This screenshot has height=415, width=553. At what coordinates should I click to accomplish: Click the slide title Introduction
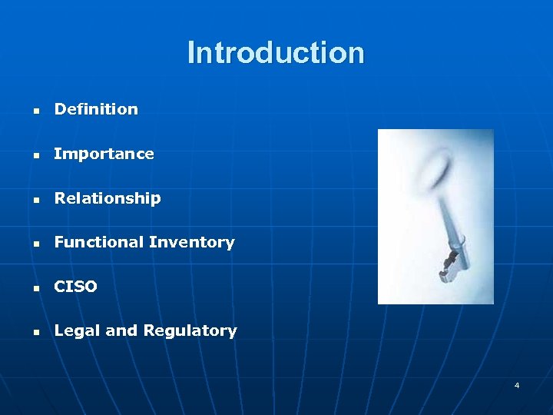(x=276, y=53)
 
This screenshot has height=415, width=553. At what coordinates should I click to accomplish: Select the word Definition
(x=96, y=109)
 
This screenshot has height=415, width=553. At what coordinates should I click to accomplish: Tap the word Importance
(x=104, y=154)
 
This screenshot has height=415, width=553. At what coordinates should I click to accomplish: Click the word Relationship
(x=108, y=198)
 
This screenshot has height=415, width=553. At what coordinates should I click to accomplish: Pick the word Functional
(x=98, y=242)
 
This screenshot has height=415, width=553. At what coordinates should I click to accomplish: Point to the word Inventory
(x=192, y=242)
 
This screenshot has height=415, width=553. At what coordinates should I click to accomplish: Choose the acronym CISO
(x=75, y=287)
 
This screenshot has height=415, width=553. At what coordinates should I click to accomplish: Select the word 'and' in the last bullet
(x=121, y=331)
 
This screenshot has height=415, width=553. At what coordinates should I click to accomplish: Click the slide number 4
(x=517, y=385)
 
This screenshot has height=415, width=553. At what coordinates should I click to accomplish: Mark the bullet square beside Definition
(x=35, y=111)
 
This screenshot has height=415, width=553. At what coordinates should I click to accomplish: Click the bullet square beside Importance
(x=35, y=155)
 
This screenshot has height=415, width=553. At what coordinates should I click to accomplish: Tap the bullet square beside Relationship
(x=35, y=200)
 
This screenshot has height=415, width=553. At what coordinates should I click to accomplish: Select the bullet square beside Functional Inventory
(x=35, y=244)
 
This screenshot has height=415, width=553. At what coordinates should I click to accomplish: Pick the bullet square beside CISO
(x=35, y=288)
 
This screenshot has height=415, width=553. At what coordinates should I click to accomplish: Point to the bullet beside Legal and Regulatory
(x=35, y=333)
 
